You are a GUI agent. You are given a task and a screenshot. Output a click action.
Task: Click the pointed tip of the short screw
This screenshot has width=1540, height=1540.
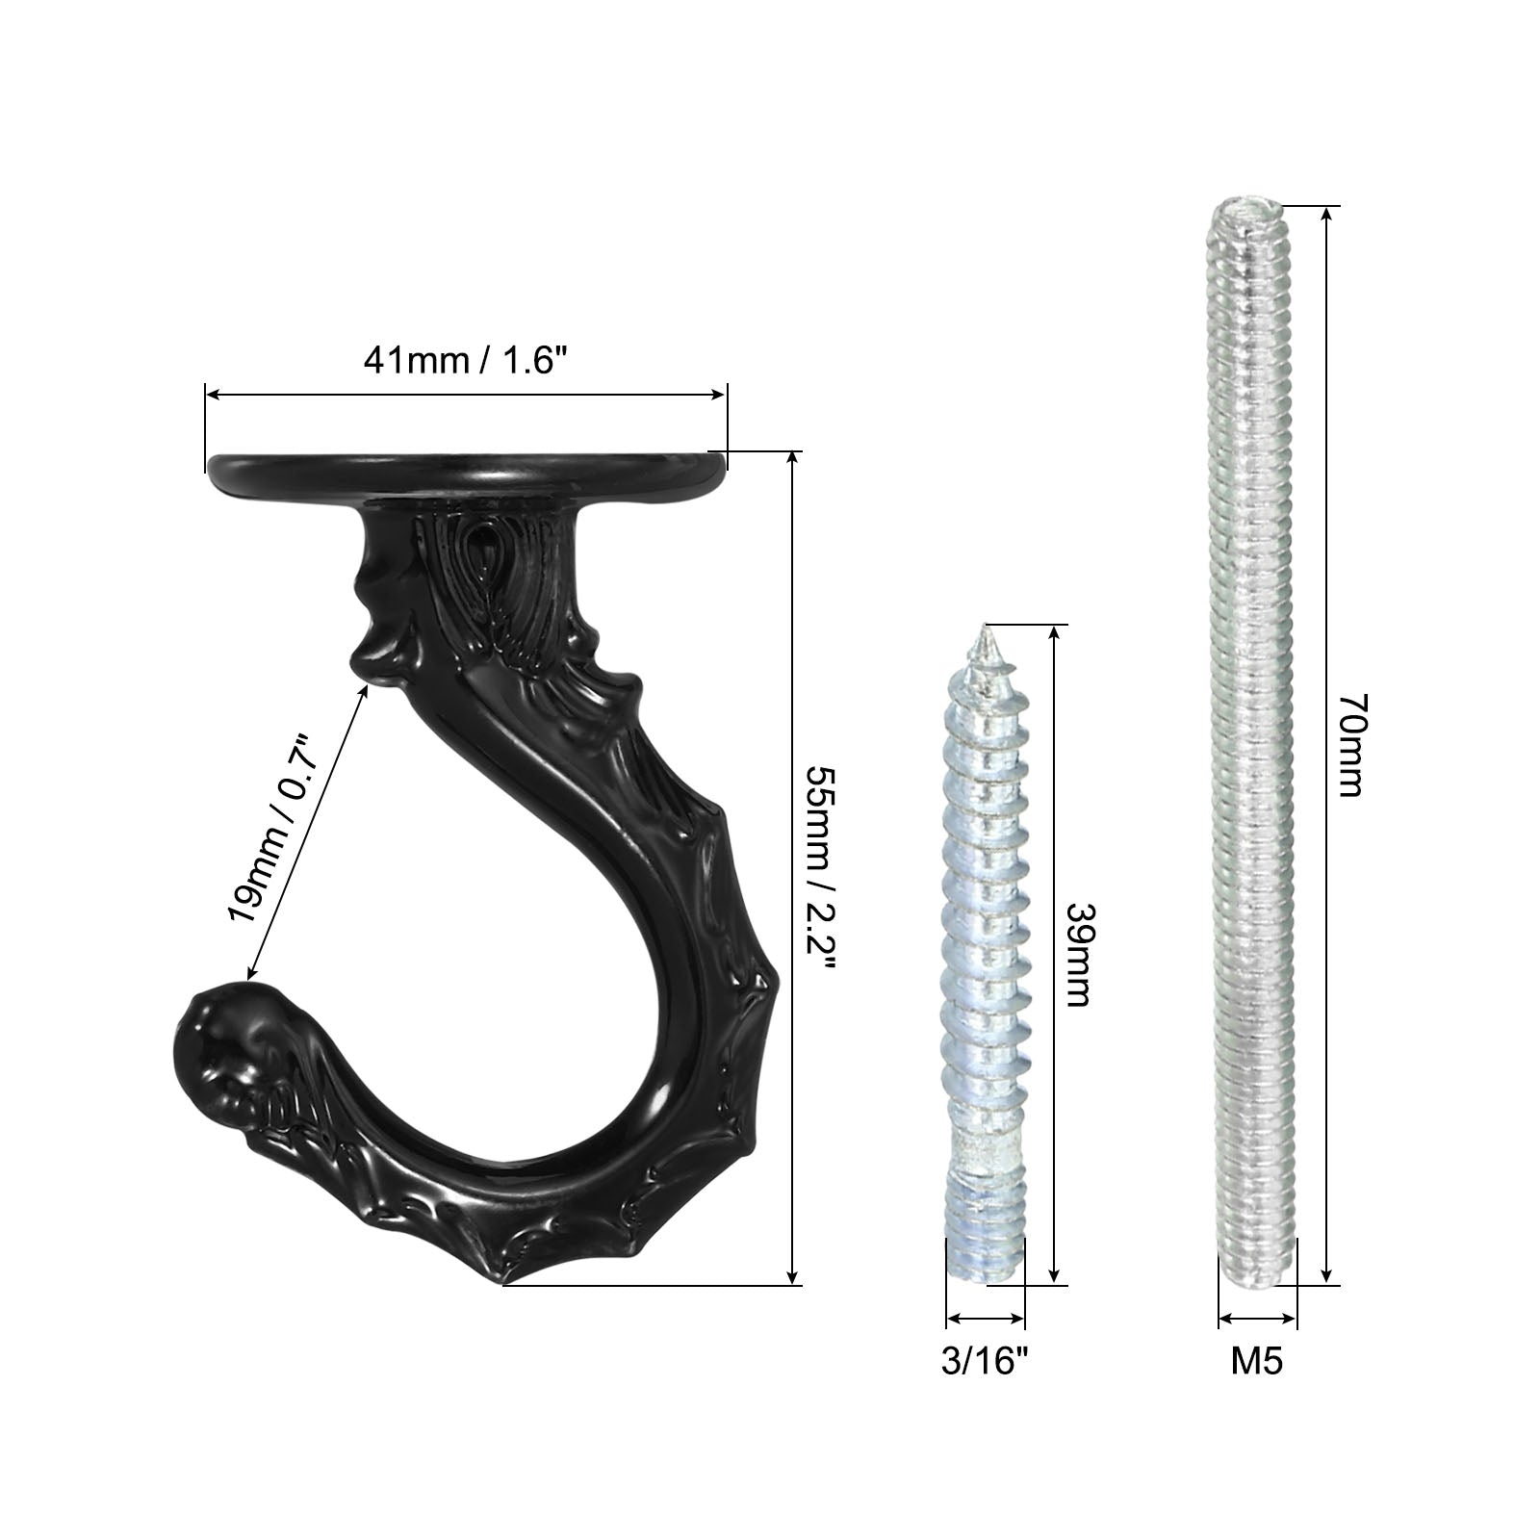point(984,627)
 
